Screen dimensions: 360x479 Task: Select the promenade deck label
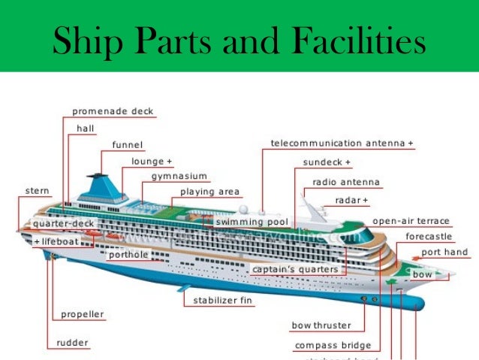click(113, 111)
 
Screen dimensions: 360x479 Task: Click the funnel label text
click(128, 144)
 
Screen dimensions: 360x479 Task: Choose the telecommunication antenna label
click(342, 143)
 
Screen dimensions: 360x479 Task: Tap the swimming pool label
click(252, 222)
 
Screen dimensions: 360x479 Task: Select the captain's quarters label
click(295, 269)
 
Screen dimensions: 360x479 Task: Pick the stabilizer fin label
click(223, 301)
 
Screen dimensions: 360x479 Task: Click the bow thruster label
click(321, 325)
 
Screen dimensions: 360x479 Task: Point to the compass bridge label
click(333, 345)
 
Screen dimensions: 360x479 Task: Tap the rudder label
click(72, 343)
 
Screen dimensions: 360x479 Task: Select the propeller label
click(83, 314)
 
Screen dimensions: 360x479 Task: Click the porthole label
click(128, 255)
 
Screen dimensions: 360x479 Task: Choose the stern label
click(38, 191)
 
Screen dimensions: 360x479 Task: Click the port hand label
click(444, 253)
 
